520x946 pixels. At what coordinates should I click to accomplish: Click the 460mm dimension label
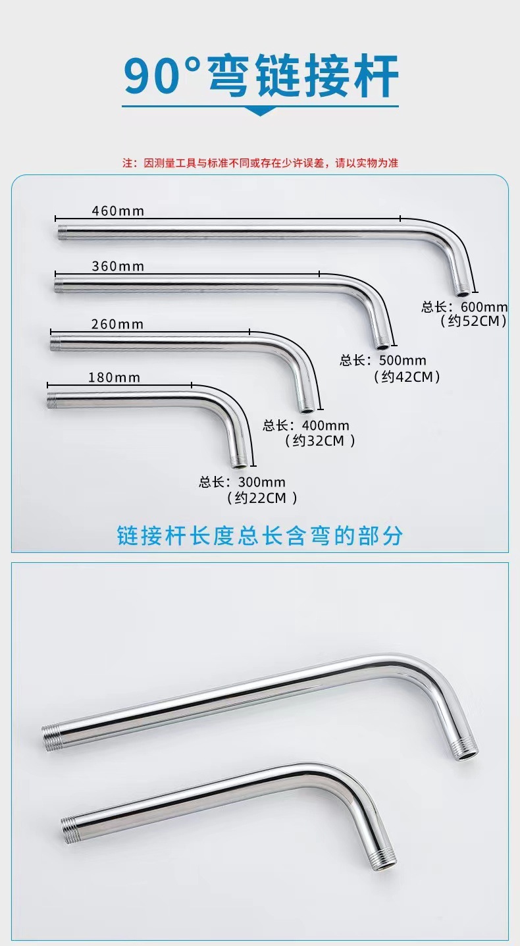tap(117, 211)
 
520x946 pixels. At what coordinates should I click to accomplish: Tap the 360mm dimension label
tap(117, 266)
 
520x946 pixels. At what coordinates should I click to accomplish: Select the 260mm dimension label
tap(117, 324)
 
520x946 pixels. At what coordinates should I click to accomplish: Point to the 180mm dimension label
tap(113, 377)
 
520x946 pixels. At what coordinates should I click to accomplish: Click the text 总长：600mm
tap(465, 307)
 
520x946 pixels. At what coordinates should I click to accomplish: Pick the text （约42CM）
tap(406, 377)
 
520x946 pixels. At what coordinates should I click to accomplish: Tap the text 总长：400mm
tap(306, 426)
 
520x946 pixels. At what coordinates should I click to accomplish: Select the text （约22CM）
tap(261, 498)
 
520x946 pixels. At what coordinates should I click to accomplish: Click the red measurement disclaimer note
tap(260, 163)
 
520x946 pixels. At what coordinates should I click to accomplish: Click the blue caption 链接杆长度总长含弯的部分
tap(259, 535)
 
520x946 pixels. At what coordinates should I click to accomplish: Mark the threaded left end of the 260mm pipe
tap(55, 342)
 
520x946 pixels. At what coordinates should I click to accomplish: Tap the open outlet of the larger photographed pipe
tap(465, 753)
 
